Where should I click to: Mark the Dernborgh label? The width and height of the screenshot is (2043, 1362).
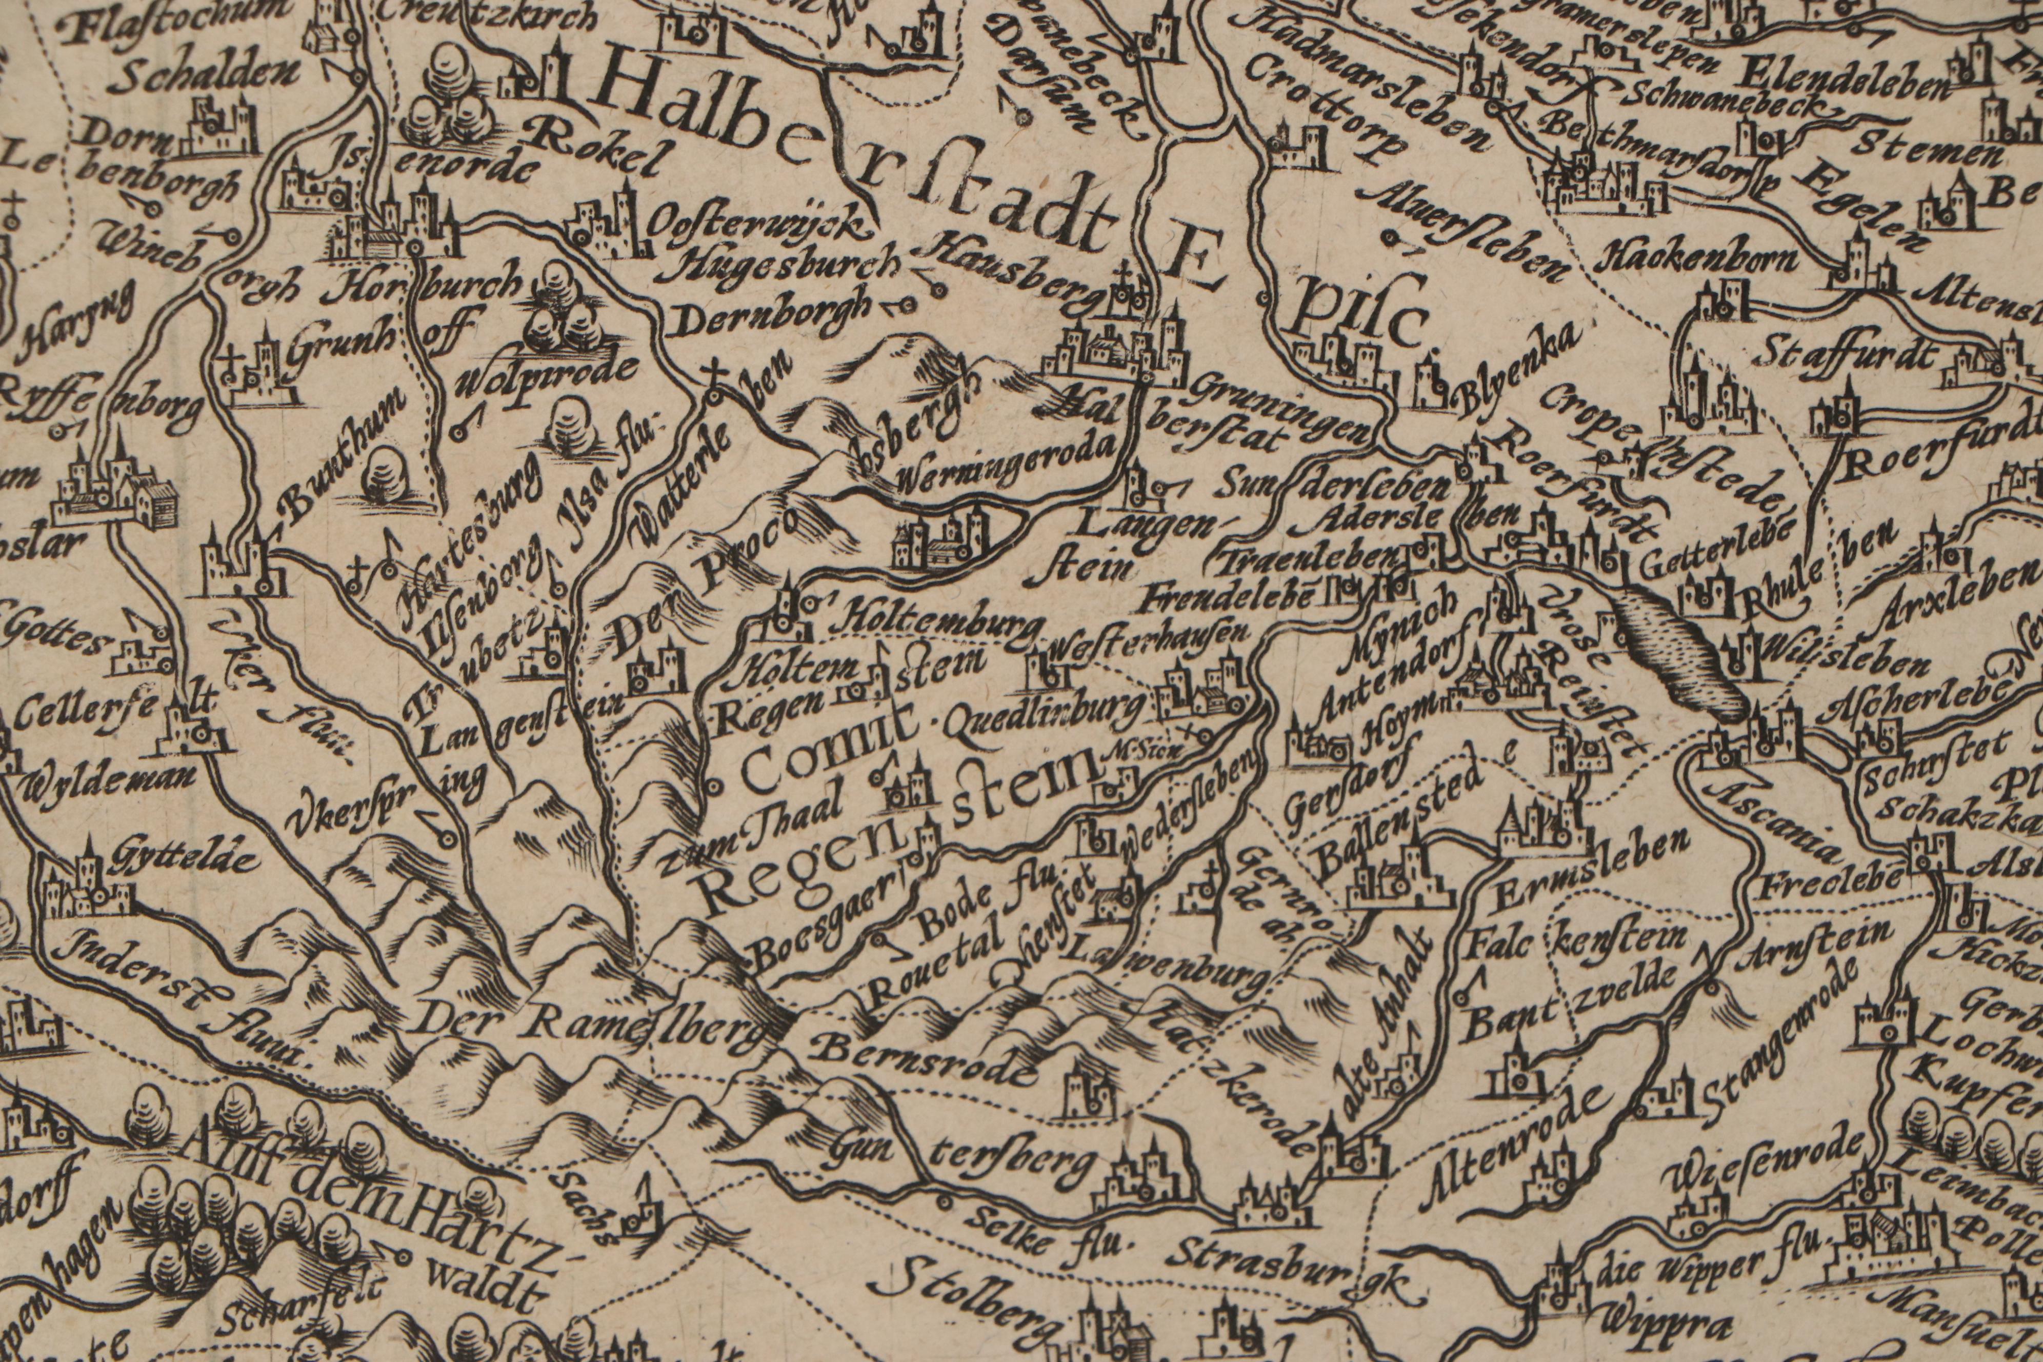(773, 323)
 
